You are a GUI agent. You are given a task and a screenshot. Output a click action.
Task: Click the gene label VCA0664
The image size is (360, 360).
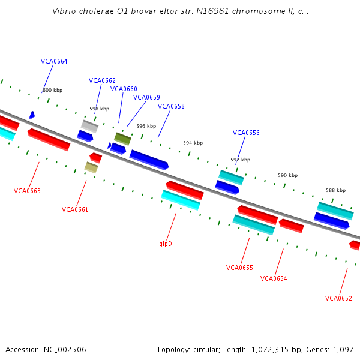pyautogui.click(x=54, y=61)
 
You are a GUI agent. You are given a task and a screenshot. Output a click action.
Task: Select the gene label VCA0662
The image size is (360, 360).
pyautogui.click(x=102, y=80)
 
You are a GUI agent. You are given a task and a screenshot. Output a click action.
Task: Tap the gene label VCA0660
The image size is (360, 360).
pyautogui.click(x=124, y=89)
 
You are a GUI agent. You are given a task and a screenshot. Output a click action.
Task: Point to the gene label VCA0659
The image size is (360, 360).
pyautogui.click(x=146, y=97)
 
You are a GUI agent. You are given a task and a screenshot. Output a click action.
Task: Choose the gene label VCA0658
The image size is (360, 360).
pyautogui.click(x=171, y=106)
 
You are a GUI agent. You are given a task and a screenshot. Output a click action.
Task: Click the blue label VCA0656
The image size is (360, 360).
pyautogui.click(x=246, y=133)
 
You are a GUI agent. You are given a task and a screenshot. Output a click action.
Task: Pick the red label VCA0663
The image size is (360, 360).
pyautogui.click(x=27, y=191)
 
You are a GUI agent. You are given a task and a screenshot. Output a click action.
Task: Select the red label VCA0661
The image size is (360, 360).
pyautogui.click(x=75, y=209)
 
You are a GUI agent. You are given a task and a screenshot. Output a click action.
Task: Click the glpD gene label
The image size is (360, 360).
pyautogui.click(x=166, y=244)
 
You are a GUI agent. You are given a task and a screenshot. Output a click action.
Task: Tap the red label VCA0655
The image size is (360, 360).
pyautogui.click(x=239, y=268)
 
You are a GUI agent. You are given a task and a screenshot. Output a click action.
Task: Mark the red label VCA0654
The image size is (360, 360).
pyautogui.click(x=274, y=278)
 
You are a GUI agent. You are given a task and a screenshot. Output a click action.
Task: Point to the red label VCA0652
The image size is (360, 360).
pyautogui.click(x=338, y=298)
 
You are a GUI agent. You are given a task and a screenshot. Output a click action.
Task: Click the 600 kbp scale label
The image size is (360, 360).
pyautogui.click(x=53, y=90)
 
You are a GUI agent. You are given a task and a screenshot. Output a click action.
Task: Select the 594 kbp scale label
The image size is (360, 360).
pyautogui.click(x=194, y=143)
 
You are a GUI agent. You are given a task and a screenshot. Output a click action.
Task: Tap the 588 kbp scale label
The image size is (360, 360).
pyautogui.click(x=335, y=190)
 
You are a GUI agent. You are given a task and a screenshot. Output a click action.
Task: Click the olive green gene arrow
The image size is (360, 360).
pyautogui.click(x=122, y=139)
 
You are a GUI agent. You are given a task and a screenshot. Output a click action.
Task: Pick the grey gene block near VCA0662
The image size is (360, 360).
pyautogui.click(x=90, y=126)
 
